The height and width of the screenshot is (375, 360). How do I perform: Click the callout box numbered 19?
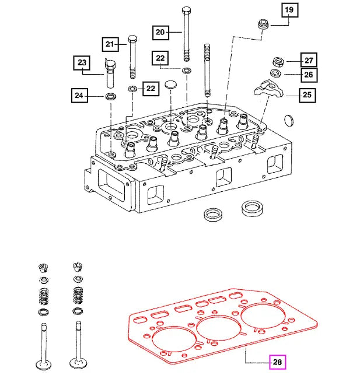click(290, 10)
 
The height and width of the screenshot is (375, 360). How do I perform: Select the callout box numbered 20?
click(160, 32)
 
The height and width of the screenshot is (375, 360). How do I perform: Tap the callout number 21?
click(111, 44)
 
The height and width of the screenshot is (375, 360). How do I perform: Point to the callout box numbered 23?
click(82, 62)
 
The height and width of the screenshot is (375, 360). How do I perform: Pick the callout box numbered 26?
click(308, 75)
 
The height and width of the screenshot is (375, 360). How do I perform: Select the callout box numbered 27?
click(308, 59)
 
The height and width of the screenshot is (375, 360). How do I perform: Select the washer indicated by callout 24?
click(110, 95)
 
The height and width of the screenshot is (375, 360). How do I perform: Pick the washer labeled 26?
click(275, 73)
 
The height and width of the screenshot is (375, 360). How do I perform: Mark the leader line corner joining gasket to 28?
click(246, 362)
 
